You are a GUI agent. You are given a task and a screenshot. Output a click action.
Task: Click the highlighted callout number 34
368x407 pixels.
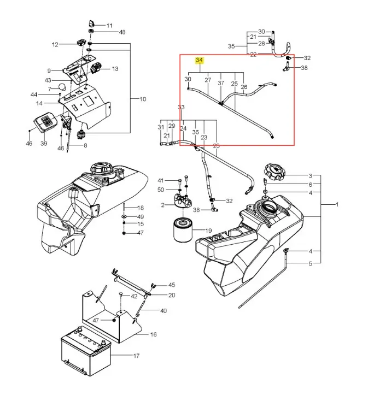pos(200,61)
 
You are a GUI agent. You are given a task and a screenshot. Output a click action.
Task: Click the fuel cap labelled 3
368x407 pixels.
pos(274,172)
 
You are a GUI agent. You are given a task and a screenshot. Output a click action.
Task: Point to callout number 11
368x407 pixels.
pos(109,26)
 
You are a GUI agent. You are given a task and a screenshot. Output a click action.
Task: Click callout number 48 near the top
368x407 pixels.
pos(122,32)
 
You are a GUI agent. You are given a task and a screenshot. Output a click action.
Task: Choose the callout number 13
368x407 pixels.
pos(115,69)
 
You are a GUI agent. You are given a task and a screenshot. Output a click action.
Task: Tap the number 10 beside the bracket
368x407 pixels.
pos(143,99)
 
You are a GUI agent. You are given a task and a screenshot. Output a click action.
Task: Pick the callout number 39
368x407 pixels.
pos(44,143)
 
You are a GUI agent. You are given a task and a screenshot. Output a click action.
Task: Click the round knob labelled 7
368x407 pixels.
pos(63,87)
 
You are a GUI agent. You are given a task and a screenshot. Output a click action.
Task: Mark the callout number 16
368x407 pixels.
pos(154,334)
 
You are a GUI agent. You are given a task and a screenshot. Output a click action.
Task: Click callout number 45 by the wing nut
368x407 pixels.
pos(172,285)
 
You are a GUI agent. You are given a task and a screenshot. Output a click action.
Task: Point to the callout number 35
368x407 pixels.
pos(231,46)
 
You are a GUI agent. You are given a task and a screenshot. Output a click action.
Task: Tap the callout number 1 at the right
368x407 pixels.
pos(337,204)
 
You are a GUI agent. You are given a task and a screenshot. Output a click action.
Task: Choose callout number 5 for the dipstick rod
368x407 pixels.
pos(310,264)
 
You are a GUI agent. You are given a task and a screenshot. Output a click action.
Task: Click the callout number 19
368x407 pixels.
pos(208,231)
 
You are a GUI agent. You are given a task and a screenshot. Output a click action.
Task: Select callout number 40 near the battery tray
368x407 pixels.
pos(163,311)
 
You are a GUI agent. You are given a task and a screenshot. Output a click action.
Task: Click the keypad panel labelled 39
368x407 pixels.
pos(46,121)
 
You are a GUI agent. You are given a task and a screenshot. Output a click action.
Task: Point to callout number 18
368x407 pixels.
pos(141,208)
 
